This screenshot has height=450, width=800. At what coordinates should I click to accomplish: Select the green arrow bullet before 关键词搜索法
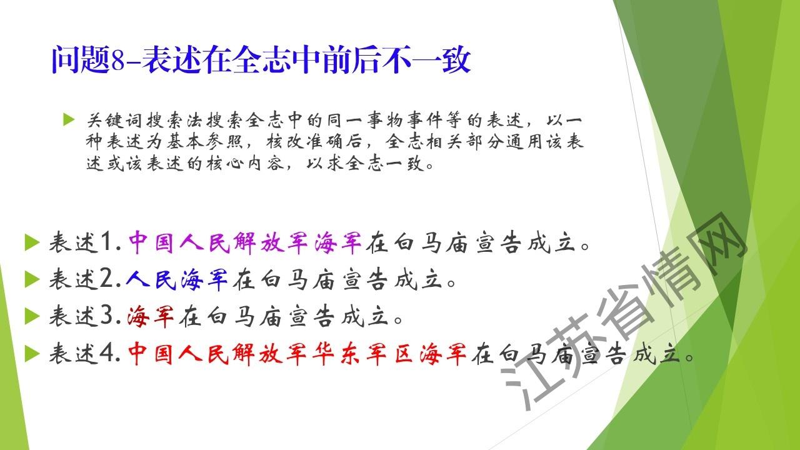(x=69, y=119)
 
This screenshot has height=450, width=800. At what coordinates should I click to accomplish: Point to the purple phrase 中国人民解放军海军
(x=245, y=242)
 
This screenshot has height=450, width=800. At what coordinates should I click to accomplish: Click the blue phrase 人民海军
(x=177, y=279)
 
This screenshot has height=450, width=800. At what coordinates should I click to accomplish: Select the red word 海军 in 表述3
(x=151, y=316)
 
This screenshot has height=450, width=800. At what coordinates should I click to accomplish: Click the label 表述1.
(x=86, y=242)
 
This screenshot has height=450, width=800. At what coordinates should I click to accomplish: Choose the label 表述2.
(x=86, y=279)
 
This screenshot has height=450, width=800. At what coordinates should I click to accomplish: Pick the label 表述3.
(x=86, y=316)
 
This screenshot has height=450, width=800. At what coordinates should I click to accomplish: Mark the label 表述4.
(x=86, y=353)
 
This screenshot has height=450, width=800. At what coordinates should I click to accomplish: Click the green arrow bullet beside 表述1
(x=32, y=242)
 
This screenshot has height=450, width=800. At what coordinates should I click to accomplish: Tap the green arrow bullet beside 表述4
(x=32, y=354)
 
